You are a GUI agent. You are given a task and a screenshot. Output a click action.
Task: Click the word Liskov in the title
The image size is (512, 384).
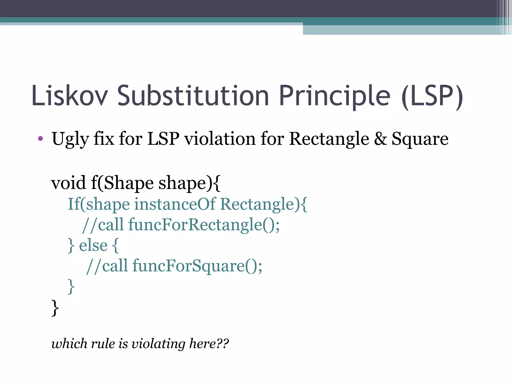(x=70, y=96)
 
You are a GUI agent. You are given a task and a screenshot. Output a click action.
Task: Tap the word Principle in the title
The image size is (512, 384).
(x=334, y=96)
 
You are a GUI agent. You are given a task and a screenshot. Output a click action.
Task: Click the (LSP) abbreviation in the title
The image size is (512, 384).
(x=432, y=96)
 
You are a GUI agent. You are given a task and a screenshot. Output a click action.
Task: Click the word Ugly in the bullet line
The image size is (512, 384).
(x=70, y=139)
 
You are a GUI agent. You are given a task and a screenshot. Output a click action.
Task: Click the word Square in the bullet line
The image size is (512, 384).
(x=420, y=139)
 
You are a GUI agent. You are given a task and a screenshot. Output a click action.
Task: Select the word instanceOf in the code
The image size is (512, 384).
(x=175, y=204)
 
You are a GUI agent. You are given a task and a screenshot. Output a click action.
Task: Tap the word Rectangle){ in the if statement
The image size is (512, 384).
(x=264, y=204)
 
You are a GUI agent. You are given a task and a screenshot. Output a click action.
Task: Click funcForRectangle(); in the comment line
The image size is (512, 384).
(x=204, y=224)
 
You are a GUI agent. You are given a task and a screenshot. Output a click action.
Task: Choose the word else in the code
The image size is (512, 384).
(x=93, y=245)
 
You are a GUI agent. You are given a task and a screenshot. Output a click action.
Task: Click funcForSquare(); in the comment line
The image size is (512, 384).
(x=197, y=266)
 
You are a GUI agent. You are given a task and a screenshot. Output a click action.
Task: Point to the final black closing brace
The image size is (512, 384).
(x=55, y=308)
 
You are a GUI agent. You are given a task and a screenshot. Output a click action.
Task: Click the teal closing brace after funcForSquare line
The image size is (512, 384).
(x=71, y=286)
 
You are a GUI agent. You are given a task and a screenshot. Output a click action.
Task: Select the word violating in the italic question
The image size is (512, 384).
(x=158, y=343)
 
